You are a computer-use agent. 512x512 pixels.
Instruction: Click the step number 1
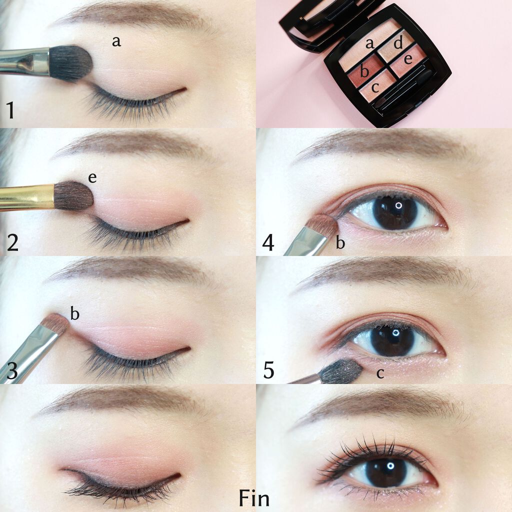tap(10, 110)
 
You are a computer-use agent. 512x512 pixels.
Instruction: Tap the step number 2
tap(12, 242)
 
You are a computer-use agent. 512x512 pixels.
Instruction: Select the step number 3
tap(12, 370)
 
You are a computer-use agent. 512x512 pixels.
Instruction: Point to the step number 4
tap(268, 242)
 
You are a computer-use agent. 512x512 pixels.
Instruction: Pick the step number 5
tap(268, 370)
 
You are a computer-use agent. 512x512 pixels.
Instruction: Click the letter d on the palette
tap(398, 43)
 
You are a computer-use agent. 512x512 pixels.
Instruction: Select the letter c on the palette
tap(375, 87)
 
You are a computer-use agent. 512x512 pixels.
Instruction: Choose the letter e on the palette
tap(408, 59)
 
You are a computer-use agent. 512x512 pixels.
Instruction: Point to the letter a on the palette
tap(369, 44)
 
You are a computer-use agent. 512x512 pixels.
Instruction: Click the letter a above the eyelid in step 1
tap(116, 41)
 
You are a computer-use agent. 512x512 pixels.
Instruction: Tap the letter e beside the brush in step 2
tap(92, 177)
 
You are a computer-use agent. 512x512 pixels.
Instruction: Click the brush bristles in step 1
tap(71, 63)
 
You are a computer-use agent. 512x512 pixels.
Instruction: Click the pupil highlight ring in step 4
tap(398, 205)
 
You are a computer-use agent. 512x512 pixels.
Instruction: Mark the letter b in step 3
tap(75, 313)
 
